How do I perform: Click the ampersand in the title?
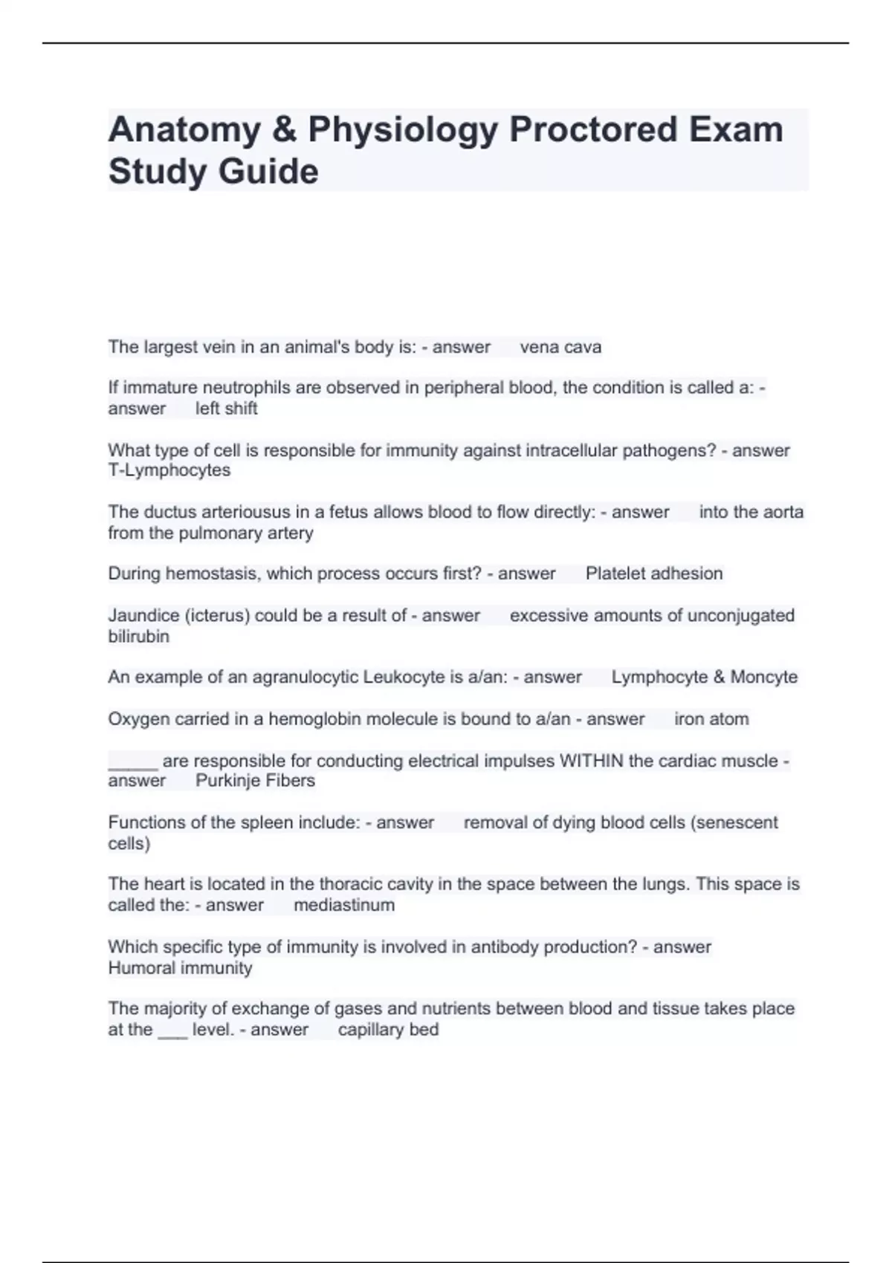pyautogui.click(x=285, y=129)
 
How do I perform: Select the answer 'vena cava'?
pyautogui.click(x=560, y=347)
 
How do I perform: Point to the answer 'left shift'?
pyautogui.click(x=226, y=409)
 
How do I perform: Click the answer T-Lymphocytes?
pyautogui.click(x=169, y=470)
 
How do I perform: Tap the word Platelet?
pyautogui.click(x=614, y=574)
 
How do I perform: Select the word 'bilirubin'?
pyautogui.click(x=138, y=637)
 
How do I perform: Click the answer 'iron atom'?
pyautogui.click(x=711, y=719)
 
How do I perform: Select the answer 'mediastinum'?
pyautogui.click(x=344, y=905)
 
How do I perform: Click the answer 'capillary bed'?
pyautogui.click(x=388, y=1030)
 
